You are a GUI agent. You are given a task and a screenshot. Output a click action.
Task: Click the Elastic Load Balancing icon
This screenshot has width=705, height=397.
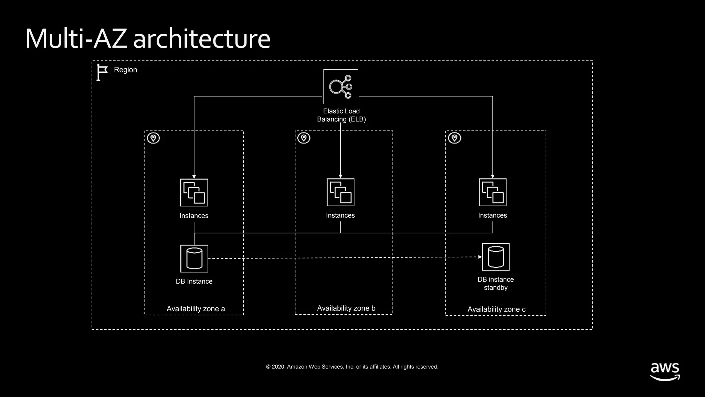point(340,86)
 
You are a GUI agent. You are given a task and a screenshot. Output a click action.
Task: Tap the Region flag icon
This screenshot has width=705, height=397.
point(102,72)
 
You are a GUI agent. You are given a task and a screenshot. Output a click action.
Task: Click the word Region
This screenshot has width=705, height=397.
point(125,70)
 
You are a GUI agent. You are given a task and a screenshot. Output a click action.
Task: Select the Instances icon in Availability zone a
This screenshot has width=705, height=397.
point(194,192)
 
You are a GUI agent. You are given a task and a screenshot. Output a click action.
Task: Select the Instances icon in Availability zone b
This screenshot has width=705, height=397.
point(340,192)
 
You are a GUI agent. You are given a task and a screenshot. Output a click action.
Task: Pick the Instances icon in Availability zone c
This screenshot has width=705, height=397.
point(493,192)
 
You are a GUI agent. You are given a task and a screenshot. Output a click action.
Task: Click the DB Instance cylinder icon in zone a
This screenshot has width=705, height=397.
point(194,258)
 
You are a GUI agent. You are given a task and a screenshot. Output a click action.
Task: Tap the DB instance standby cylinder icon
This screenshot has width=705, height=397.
point(496,257)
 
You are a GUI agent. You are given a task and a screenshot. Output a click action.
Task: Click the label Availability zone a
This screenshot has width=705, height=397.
point(196,309)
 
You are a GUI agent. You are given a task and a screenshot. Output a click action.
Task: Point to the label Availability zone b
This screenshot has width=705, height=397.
point(346,308)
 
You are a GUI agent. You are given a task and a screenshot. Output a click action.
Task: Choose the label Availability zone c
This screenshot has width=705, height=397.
point(496,309)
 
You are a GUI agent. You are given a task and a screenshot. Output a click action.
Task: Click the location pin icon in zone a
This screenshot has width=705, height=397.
point(154,138)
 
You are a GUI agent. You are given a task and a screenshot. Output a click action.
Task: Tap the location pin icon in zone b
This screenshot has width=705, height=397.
point(304,138)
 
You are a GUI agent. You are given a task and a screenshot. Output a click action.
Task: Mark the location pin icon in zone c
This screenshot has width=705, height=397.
point(454,138)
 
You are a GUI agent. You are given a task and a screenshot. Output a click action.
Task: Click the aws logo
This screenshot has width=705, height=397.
point(665,371)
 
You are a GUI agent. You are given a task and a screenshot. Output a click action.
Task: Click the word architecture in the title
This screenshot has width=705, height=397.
point(201,39)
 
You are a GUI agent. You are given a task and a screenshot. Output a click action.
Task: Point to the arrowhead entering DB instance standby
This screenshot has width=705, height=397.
point(480,257)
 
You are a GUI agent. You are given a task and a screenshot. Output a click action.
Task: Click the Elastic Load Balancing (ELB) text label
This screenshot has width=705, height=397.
point(341,115)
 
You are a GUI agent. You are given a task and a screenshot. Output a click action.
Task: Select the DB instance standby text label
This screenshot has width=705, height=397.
point(495,283)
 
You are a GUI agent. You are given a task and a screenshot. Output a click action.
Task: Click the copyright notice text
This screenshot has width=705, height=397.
point(352,367)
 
